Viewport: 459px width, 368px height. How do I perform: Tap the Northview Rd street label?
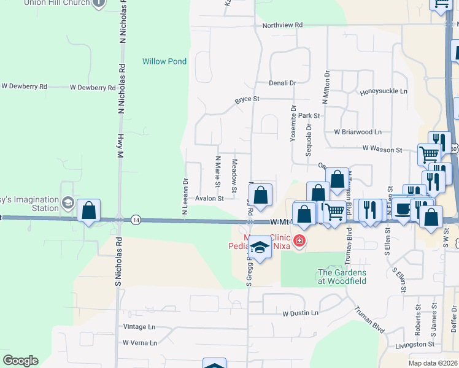[282, 25]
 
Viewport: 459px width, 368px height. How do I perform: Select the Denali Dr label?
[282, 83]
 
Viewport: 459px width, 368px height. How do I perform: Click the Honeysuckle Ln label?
[384, 91]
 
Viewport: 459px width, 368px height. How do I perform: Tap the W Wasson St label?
[382, 148]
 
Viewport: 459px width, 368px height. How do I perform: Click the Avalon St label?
[209, 199]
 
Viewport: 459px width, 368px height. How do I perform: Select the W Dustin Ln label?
[300, 313]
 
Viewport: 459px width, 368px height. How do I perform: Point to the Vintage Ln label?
[139, 327]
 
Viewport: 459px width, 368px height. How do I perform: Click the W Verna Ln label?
[139, 343]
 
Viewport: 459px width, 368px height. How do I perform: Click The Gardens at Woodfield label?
[342, 277]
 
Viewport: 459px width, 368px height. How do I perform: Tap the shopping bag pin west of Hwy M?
[89, 211]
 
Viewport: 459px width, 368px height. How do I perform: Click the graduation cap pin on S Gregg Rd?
[260, 248]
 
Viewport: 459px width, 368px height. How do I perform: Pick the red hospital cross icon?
[299, 240]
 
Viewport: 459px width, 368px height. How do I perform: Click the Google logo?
[20, 361]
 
